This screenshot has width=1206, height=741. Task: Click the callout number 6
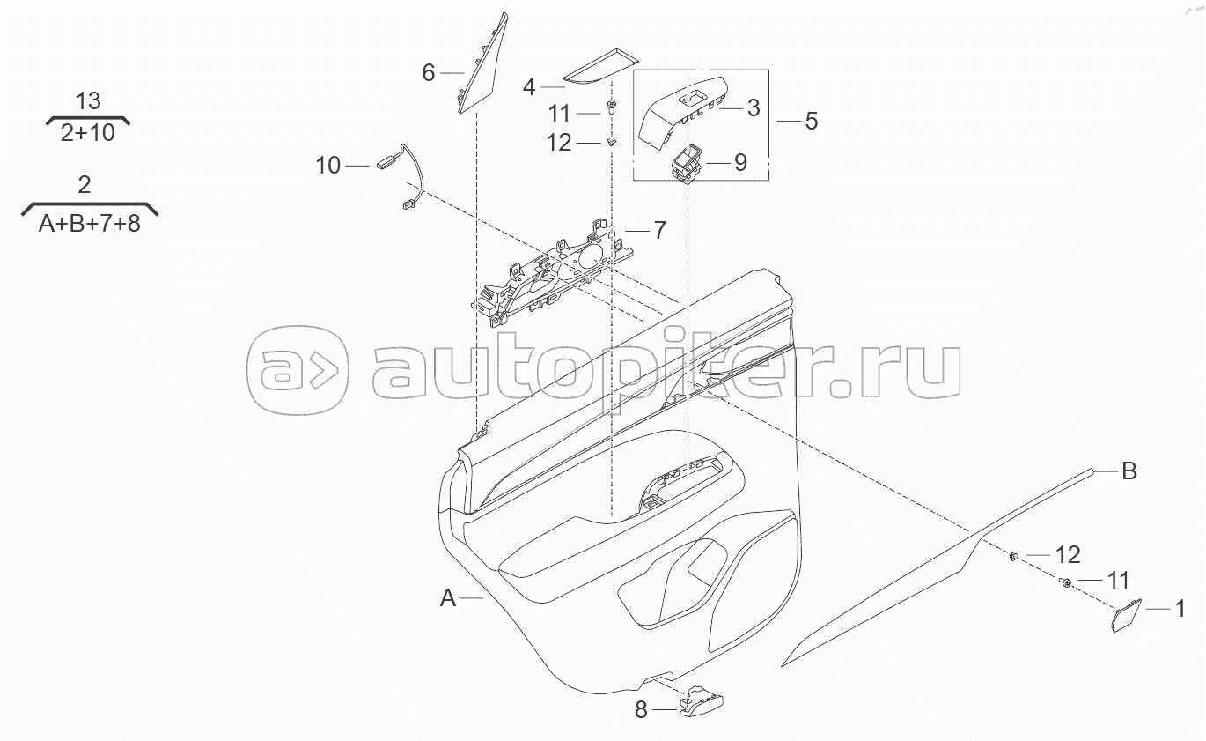coord(429,72)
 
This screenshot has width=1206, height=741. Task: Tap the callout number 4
coord(529,86)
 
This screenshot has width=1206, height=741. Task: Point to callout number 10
coord(327,165)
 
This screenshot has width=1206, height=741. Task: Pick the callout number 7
coord(659,230)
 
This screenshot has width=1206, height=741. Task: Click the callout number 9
coord(739,162)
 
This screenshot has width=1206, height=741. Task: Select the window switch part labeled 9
coord(685,161)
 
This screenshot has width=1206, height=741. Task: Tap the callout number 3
coord(753,108)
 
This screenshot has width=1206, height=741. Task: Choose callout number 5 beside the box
coord(811,121)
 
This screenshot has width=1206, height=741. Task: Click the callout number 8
coord(641,709)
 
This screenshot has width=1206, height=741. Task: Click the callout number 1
coord(1180,607)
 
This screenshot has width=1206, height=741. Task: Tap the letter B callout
coord(1129,471)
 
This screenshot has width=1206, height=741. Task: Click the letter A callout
coord(448,599)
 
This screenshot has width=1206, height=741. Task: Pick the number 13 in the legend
coord(88,100)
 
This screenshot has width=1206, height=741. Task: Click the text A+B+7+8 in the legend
coord(89,223)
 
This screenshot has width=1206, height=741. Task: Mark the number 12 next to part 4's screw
coord(560,142)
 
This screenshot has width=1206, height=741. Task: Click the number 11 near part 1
coord(1117,580)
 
